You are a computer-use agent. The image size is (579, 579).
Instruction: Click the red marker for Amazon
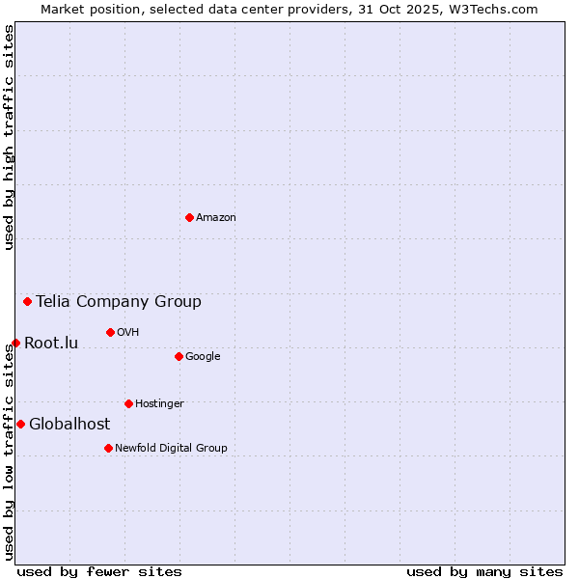(189, 217)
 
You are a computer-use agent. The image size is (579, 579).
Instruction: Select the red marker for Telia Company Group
(27, 301)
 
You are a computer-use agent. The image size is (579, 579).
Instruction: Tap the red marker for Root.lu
(15, 343)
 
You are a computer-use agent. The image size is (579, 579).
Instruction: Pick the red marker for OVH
(110, 332)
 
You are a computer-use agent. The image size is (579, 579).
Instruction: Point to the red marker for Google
(179, 356)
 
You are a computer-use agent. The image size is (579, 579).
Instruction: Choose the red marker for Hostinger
(128, 403)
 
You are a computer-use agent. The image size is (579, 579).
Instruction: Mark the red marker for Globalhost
(20, 424)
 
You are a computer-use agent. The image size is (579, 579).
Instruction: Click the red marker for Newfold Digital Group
(108, 448)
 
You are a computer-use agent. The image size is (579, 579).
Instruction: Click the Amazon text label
(216, 218)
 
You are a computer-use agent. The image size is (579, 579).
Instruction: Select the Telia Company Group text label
(119, 302)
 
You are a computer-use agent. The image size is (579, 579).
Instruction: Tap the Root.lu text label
(51, 344)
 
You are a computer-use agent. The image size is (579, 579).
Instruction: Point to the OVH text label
(128, 333)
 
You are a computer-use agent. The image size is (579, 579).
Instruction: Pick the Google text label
(203, 357)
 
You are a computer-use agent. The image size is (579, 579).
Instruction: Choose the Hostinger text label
(159, 404)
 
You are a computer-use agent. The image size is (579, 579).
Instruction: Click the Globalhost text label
(69, 425)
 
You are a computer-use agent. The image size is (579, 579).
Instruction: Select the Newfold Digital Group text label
(171, 449)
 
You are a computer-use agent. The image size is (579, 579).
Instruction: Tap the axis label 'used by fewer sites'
(99, 571)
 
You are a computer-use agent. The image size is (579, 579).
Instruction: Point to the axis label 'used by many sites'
(484, 571)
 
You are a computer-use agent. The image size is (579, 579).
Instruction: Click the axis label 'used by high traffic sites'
(9, 137)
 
